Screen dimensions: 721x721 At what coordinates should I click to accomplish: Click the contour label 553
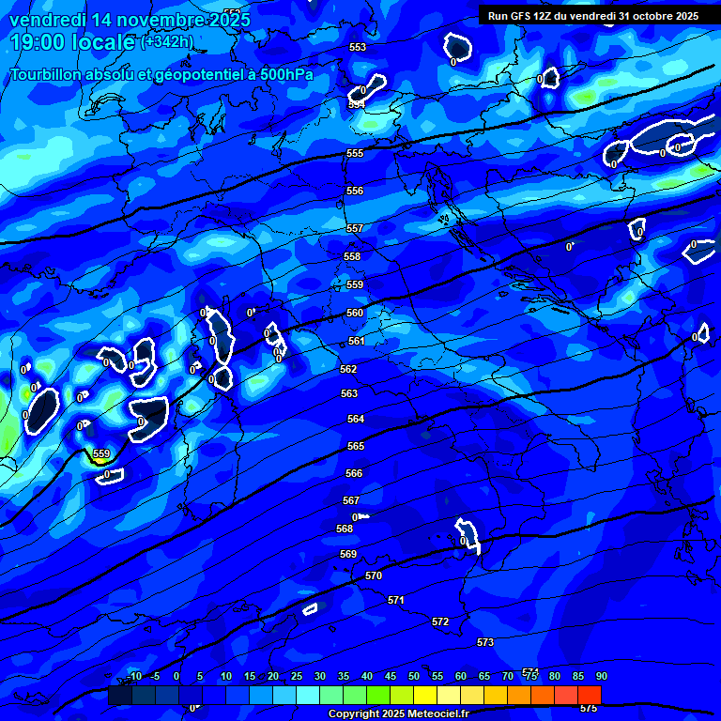[358, 47]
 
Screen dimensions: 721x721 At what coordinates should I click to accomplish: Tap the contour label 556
[355, 191]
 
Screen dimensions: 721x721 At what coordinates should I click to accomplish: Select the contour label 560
[355, 313]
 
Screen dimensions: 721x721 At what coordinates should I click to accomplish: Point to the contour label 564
[356, 419]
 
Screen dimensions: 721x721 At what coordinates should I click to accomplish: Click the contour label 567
[351, 500]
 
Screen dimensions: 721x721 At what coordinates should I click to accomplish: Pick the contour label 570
[374, 575]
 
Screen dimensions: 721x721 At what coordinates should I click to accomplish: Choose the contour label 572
[440, 621]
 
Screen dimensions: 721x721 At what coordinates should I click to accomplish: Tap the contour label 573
[485, 642]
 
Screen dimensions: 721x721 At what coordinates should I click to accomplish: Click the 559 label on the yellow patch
[101, 453]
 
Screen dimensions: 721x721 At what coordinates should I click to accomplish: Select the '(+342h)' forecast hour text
[167, 41]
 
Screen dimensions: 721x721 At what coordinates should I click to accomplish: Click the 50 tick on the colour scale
[414, 676]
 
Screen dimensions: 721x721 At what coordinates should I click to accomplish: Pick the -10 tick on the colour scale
[133, 676]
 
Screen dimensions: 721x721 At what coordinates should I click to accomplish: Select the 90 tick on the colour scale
[601, 676]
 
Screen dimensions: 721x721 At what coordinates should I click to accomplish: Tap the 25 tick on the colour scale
[297, 676]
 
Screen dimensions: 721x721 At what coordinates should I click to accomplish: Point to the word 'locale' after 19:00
[102, 42]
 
